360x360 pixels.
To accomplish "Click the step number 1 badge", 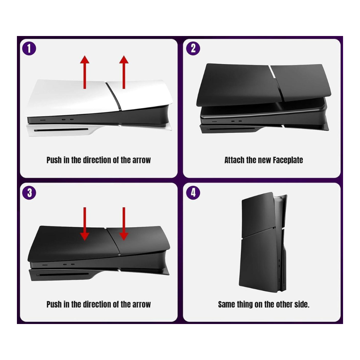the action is point(29,49).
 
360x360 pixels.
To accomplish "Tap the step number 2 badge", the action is point(193,49).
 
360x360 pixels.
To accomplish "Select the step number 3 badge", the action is point(29,193).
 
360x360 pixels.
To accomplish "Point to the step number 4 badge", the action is point(193,193).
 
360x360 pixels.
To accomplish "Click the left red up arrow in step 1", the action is point(85,72).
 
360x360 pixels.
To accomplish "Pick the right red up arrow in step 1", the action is point(124,72).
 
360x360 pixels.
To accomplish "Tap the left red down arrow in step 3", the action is point(85,224).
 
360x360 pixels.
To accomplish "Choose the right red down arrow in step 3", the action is point(124,224).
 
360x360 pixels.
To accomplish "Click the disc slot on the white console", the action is point(61,130).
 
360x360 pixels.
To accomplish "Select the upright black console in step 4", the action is point(263,242).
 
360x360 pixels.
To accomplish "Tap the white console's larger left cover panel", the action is point(73,96).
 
